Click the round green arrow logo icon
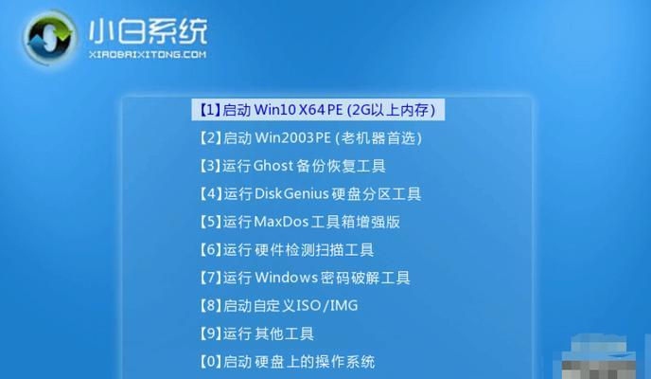click(x=50, y=37)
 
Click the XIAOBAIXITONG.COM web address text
click(x=148, y=54)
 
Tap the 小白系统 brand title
click(x=148, y=30)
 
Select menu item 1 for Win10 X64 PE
click(x=318, y=110)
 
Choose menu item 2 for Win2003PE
click(x=310, y=137)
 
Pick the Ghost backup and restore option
click(x=292, y=166)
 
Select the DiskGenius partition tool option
click(x=309, y=193)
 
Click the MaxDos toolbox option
click(x=299, y=222)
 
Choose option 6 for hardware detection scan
click(x=287, y=250)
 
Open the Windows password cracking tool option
click(x=305, y=278)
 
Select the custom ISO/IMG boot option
click(x=278, y=305)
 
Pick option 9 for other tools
click(x=256, y=334)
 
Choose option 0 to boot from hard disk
click(x=287, y=362)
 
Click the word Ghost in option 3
click(x=273, y=166)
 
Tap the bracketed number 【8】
click(x=210, y=305)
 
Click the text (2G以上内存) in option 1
click(x=391, y=110)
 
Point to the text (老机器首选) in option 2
click(x=378, y=137)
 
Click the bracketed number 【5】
click(x=210, y=222)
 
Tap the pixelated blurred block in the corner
click(x=607, y=356)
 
